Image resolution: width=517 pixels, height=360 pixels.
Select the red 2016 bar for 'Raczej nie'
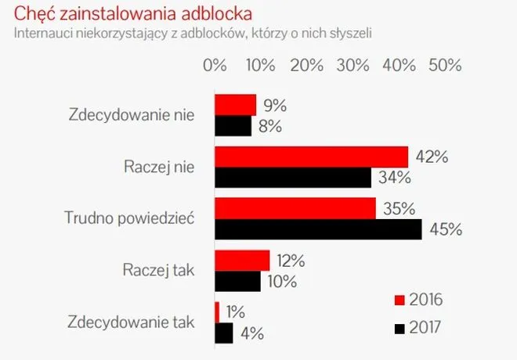(312, 157)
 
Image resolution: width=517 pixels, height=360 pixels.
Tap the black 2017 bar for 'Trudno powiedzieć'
(318, 229)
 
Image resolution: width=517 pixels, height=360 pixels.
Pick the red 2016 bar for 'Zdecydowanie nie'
(236, 105)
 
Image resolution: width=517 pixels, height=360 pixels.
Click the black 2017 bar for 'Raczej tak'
(237, 281)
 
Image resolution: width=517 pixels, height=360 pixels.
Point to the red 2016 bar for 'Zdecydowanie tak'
(217, 311)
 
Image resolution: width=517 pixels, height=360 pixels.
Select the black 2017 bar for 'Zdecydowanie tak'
(224, 333)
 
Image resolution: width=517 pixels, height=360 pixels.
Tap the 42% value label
(431, 157)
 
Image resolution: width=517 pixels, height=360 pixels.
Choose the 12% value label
(291, 260)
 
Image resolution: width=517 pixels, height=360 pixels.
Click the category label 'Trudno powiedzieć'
(130, 219)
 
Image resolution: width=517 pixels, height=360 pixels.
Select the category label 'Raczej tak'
(158, 271)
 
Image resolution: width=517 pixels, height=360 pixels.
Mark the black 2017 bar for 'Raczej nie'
(293, 178)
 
